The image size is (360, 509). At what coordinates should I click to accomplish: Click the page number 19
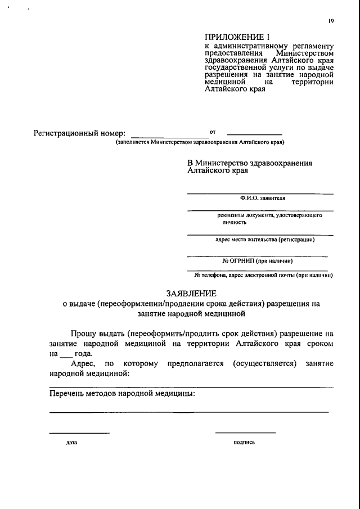coord(331,21)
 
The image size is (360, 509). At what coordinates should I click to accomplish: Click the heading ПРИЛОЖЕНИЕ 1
coord(231,37)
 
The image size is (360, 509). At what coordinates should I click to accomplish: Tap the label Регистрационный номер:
coord(79,134)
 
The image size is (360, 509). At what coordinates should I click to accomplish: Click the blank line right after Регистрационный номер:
coord(169,136)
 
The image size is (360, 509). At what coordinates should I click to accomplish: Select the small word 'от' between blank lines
coord(212,132)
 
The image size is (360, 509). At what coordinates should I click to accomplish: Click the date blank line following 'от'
coord(254,134)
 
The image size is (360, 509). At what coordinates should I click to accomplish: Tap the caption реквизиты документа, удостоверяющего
coord(269,215)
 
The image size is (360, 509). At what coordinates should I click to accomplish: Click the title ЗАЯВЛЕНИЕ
coord(191,292)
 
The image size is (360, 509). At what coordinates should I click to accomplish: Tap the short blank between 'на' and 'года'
coord(66,355)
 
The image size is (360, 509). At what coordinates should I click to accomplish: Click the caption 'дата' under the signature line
coord(71,443)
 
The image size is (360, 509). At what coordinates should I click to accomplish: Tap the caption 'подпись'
coord(244,442)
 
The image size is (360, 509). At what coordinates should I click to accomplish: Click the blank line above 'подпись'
coord(245,432)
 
